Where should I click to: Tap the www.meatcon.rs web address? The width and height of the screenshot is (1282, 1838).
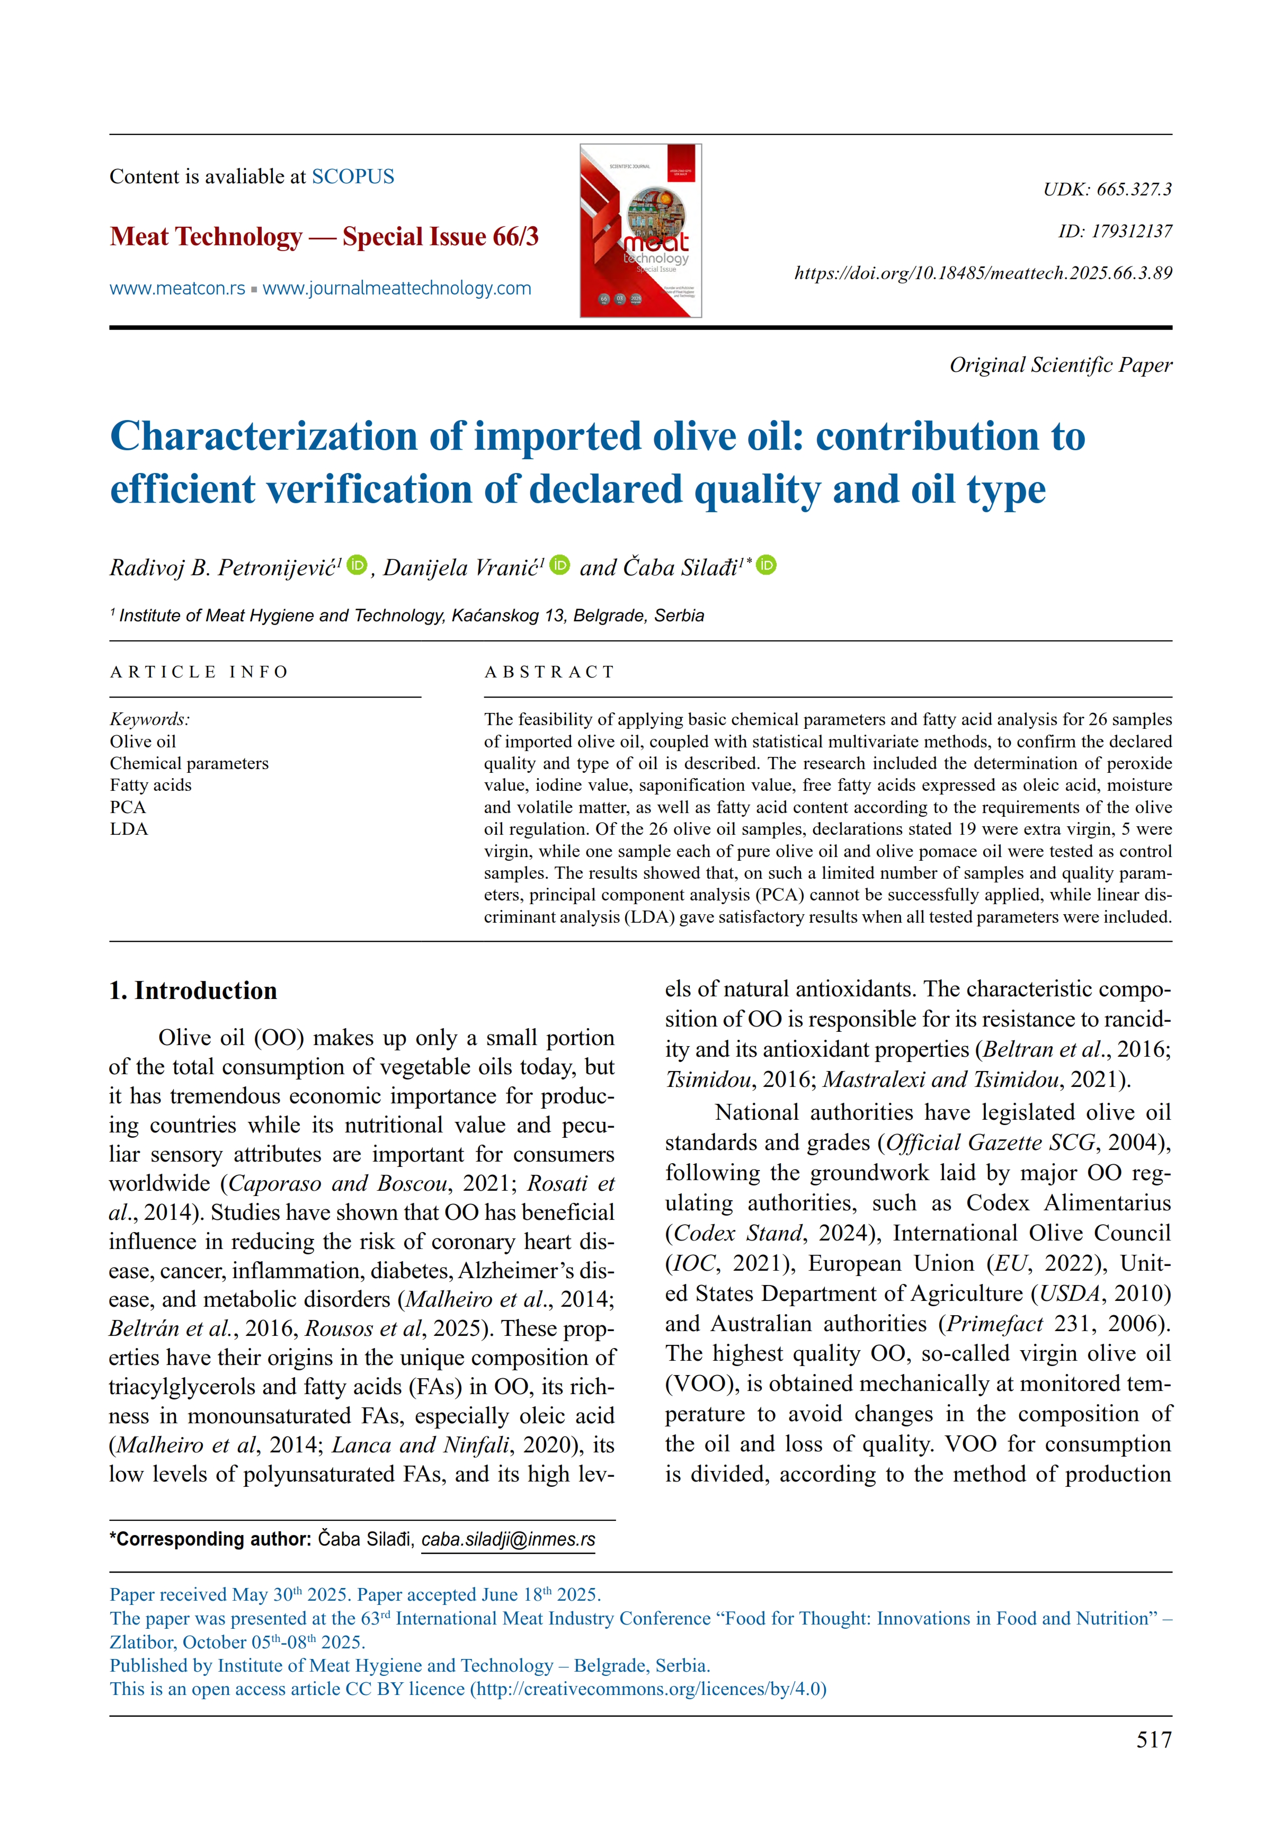[177, 288]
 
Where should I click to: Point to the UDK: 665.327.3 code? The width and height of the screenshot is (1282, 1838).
[1107, 190]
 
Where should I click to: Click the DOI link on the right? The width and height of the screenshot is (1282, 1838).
[983, 273]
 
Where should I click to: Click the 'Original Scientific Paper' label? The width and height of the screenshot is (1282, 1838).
[1060, 365]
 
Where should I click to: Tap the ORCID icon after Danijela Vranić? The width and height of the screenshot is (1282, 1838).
[560, 565]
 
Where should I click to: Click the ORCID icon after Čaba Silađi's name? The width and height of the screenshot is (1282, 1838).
[767, 565]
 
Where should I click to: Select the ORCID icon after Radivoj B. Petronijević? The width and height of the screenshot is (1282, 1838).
[357, 565]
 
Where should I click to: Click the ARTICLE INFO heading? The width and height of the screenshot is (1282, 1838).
[199, 672]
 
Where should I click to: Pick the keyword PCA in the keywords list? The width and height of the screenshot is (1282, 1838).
[128, 807]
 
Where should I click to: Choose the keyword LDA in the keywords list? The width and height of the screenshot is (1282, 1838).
[129, 828]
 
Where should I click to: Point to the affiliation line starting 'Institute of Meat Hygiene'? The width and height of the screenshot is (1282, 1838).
[410, 615]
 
